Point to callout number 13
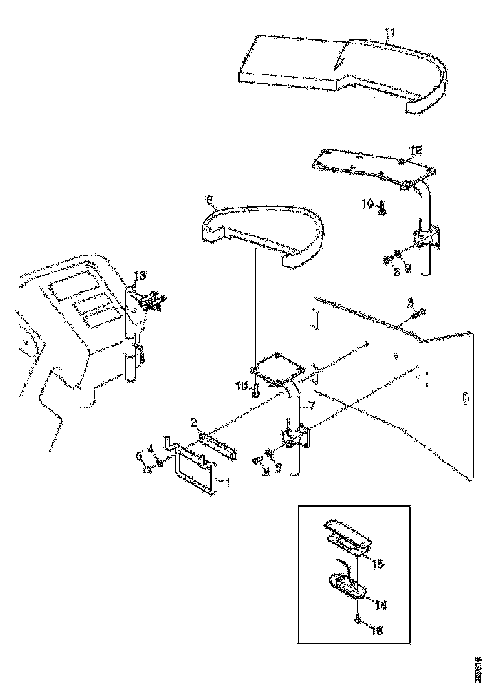pyautogui.click(x=140, y=276)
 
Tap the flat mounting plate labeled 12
pyautogui.click(x=372, y=166)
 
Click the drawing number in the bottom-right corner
pyautogui.click(x=478, y=665)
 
